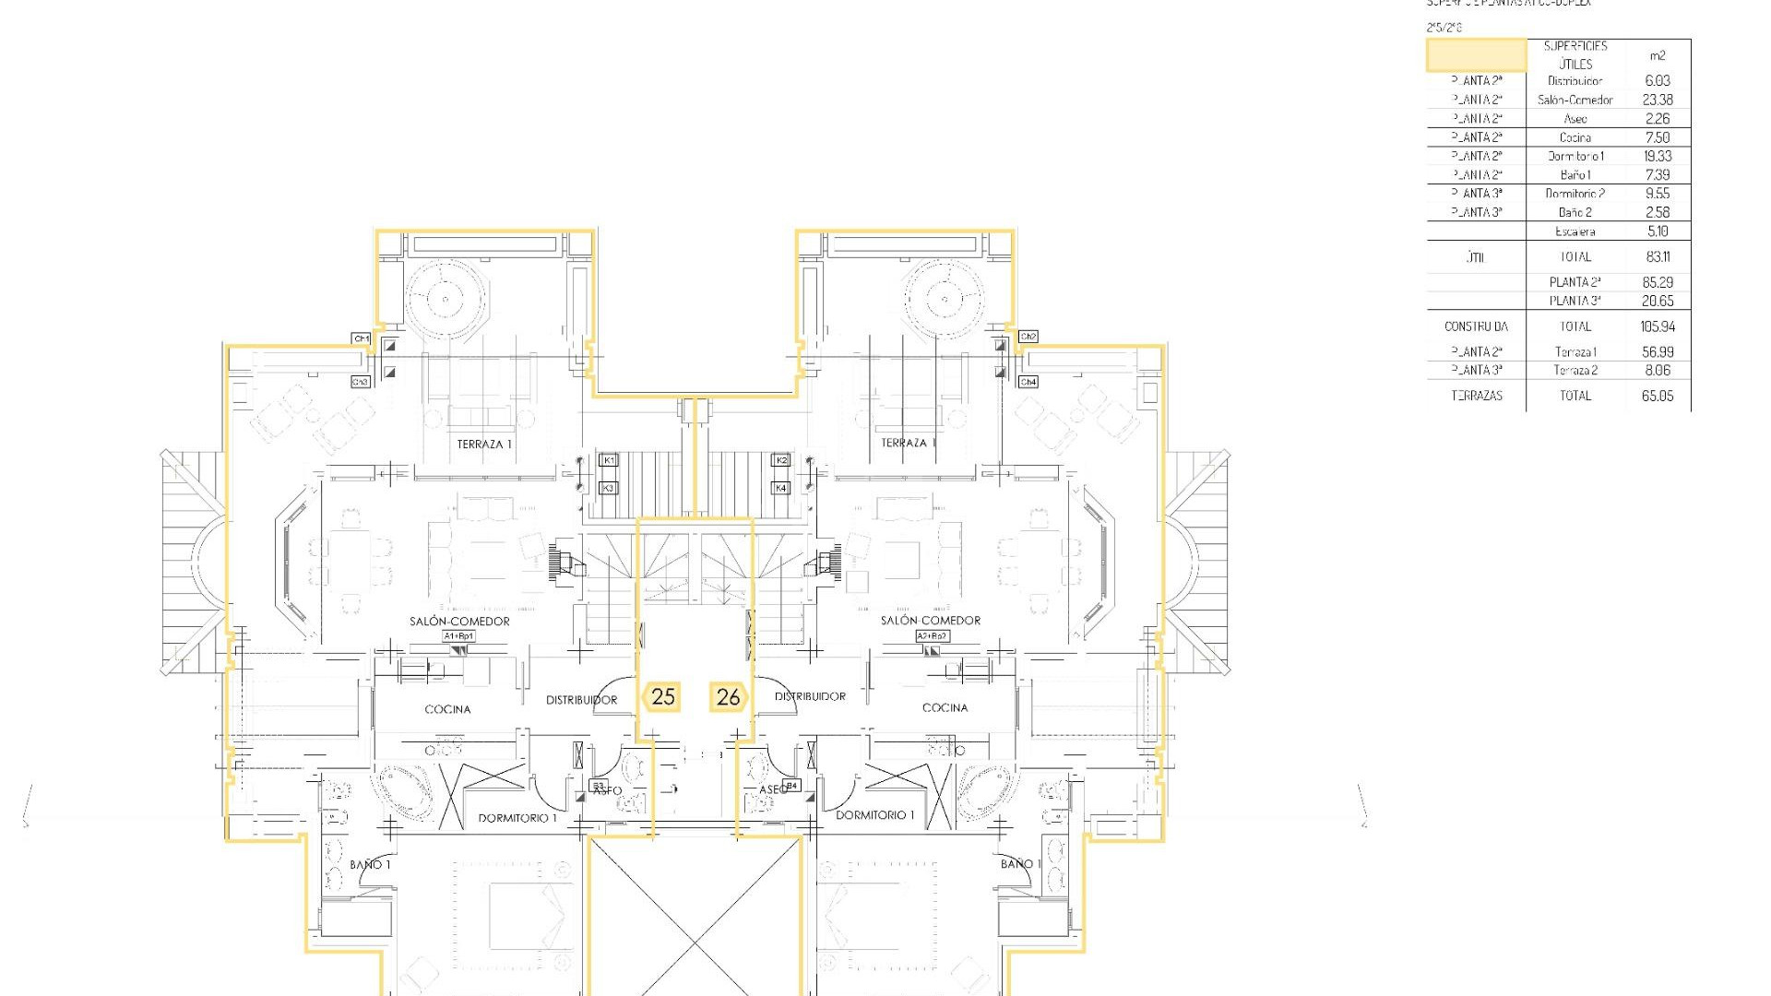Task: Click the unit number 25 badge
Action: [x=663, y=697]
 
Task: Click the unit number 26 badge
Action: [x=728, y=697]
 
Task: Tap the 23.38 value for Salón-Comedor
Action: [x=1657, y=100]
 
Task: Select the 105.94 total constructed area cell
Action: [x=1657, y=326]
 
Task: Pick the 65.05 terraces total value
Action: [x=1657, y=396]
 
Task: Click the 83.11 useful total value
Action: [x=1657, y=256]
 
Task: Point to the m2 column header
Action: [x=1657, y=55]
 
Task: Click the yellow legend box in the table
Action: [x=1476, y=55]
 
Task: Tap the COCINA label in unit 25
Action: [x=447, y=709]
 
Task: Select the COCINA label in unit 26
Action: [x=945, y=707]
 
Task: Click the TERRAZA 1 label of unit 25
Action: [x=483, y=445]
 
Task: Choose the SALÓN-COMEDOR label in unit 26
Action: [x=930, y=621]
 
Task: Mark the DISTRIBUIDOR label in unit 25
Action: [x=581, y=700]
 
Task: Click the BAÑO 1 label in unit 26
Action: [x=1020, y=864]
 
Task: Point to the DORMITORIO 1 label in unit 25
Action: [x=517, y=818]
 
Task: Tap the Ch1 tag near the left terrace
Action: [x=362, y=339]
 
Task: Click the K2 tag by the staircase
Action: [x=781, y=459]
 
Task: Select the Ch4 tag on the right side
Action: [x=1028, y=382]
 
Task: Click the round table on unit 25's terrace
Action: [x=446, y=298]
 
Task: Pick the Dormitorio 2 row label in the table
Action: [x=1575, y=194]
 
